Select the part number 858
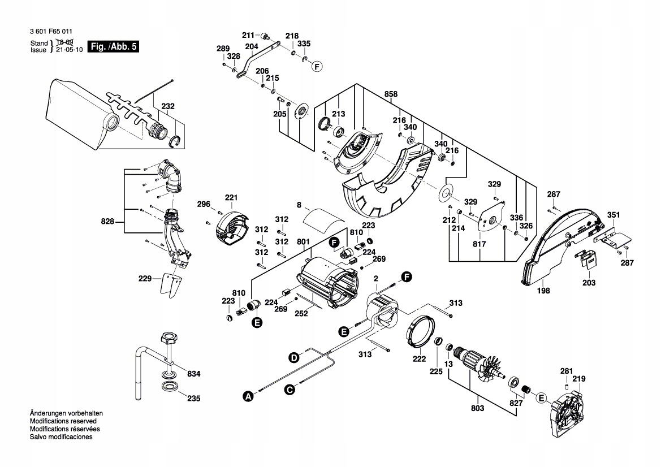pyautogui.click(x=391, y=94)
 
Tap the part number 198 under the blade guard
pyautogui.click(x=543, y=291)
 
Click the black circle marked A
pyautogui.click(x=247, y=397)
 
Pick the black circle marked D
pyautogui.click(x=294, y=357)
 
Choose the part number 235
pyautogui.click(x=193, y=398)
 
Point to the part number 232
pyautogui.click(x=168, y=106)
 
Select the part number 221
pyautogui.click(x=231, y=197)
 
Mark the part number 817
pyautogui.click(x=479, y=244)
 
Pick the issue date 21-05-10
pyautogui.click(x=70, y=50)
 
